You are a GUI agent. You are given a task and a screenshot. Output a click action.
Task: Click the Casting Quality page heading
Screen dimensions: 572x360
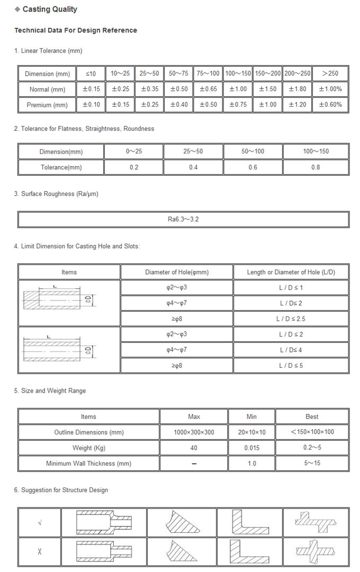pos(49,9)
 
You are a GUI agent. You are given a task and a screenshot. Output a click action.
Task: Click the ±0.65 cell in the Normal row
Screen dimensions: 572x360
pos(209,89)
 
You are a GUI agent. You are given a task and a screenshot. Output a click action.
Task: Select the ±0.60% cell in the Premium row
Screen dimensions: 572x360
pos(330,104)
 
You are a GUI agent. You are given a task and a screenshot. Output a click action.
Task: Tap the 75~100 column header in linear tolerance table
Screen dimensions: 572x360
pos(209,74)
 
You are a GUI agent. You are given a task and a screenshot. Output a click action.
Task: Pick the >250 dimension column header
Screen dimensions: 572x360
pos(330,74)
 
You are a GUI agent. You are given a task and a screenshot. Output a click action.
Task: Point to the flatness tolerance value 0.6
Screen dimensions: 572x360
pos(253,167)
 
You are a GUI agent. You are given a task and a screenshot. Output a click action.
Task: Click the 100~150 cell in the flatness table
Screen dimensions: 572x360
pos(316,151)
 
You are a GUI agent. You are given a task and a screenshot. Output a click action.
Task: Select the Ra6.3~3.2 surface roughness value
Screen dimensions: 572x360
pos(183,219)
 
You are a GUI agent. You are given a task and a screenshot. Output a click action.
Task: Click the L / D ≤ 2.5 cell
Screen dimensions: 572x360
pos(291,319)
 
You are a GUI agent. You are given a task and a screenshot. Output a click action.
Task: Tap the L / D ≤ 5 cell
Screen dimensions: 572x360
pos(291,365)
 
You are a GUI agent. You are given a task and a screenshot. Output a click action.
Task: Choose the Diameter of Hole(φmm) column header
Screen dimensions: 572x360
pos(177,272)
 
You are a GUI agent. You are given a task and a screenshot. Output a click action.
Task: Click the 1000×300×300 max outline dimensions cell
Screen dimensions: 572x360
pos(194,432)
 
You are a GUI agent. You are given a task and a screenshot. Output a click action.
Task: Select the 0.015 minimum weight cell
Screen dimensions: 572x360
pos(251,448)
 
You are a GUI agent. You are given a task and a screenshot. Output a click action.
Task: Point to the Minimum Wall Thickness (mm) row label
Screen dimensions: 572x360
pos(88,464)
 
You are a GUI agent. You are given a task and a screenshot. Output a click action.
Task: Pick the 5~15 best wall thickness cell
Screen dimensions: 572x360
pos(312,464)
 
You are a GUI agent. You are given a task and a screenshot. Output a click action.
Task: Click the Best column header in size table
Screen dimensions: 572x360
pos(312,416)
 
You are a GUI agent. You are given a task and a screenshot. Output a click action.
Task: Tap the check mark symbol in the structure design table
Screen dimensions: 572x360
pos(40,523)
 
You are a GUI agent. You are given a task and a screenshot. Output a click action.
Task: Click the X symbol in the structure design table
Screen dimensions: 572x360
pos(40,552)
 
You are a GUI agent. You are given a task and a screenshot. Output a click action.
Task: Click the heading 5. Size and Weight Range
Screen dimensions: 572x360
pos(50,391)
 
